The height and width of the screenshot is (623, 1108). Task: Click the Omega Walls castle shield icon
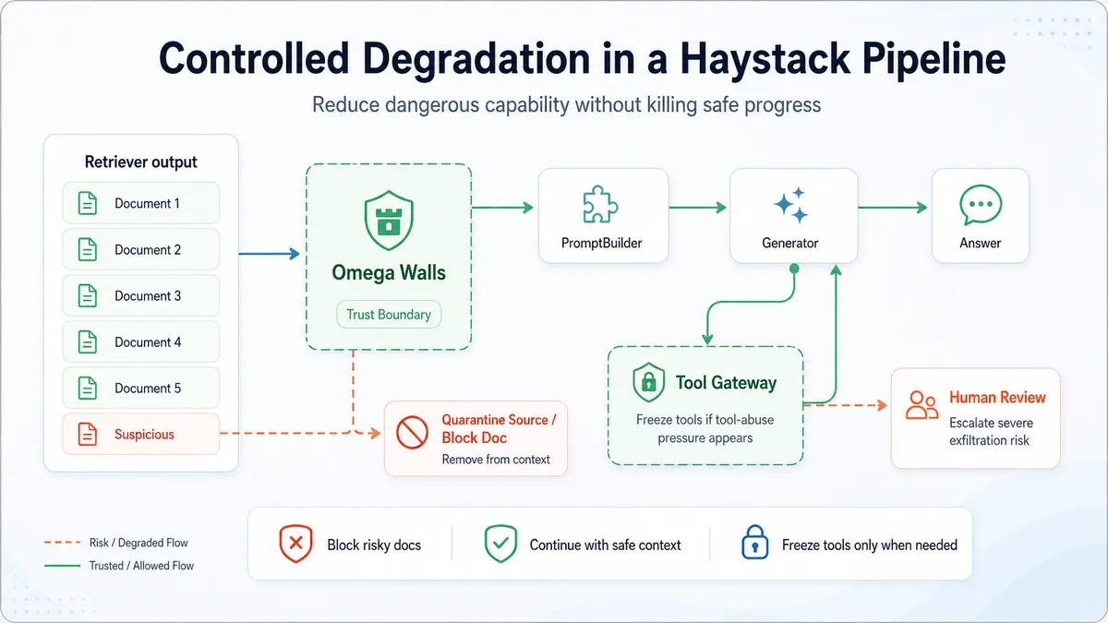(389, 221)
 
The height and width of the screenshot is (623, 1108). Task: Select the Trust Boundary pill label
(389, 315)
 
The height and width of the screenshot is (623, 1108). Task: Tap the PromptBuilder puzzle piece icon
(600, 204)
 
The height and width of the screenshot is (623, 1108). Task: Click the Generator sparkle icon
(791, 205)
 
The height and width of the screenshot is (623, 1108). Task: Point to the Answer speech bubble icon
(981, 205)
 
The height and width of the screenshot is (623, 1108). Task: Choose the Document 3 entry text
(148, 295)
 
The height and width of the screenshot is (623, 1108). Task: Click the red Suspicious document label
(144, 434)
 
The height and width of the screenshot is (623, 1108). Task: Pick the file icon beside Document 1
(88, 203)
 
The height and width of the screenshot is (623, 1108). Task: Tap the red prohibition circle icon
(412, 432)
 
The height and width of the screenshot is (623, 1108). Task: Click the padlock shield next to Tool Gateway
(648, 382)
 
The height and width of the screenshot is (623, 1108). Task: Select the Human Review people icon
(922, 405)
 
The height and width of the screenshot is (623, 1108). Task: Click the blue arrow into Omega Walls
(270, 254)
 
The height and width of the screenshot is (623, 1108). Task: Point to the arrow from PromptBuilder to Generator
(698, 208)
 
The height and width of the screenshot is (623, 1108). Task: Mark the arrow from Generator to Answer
(893, 208)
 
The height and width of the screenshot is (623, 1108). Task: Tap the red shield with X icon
(295, 544)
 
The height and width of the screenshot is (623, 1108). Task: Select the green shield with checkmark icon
(500, 544)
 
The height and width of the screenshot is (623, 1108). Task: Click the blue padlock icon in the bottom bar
(755, 542)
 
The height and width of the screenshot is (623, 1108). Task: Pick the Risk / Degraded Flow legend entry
(116, 543)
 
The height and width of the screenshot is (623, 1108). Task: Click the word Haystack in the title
(765, 59)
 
